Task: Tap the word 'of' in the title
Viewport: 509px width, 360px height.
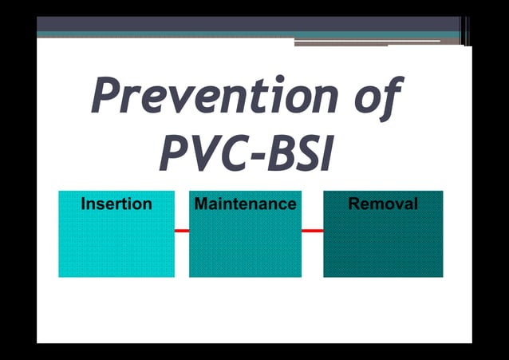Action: pos(376,97)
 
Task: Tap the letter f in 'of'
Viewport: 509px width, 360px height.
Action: pos(389,97)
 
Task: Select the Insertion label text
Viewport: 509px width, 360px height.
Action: pos(116,204)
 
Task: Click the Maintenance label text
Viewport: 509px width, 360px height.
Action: pos(245,204)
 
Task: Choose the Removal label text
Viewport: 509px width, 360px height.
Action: pos(383,204)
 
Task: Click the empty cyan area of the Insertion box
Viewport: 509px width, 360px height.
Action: pos(116,247)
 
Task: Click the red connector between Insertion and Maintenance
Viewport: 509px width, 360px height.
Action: pos(181,231)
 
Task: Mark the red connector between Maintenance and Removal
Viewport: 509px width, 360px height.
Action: pos(312,231)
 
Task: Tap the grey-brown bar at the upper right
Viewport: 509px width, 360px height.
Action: pos(367,42)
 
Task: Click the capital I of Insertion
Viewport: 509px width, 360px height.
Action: pos(84,204)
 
